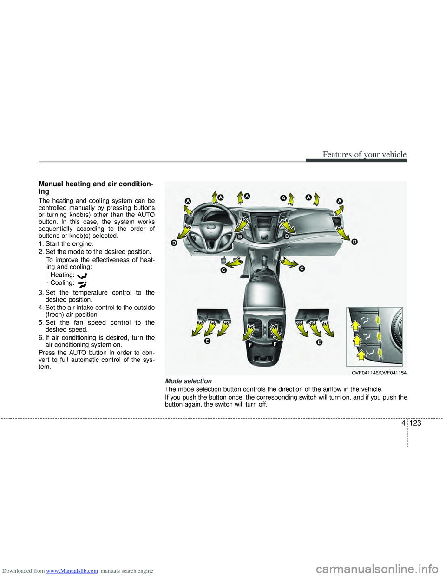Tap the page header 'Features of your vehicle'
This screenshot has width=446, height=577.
coord(364,155)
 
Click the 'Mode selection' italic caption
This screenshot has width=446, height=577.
coord(188,381)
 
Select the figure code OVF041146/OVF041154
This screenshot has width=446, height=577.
coord(379,373)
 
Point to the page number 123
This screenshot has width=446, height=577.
coord(415,423)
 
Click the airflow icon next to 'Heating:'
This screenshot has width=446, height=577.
coord(82,275)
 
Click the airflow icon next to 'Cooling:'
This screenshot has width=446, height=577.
coord(82,284)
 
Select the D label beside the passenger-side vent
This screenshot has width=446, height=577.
coord(354,242)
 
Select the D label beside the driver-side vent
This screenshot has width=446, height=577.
coord(174,243)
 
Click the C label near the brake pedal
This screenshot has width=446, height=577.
coord(223,270)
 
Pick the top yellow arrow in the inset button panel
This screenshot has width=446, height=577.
coord(355,325)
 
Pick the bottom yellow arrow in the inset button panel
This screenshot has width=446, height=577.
coord(361,355)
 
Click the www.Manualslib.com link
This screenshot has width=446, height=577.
coord(72,571)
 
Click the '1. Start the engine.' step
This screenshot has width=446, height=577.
coord(66,244)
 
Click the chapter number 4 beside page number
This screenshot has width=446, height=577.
coord(403,423)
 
